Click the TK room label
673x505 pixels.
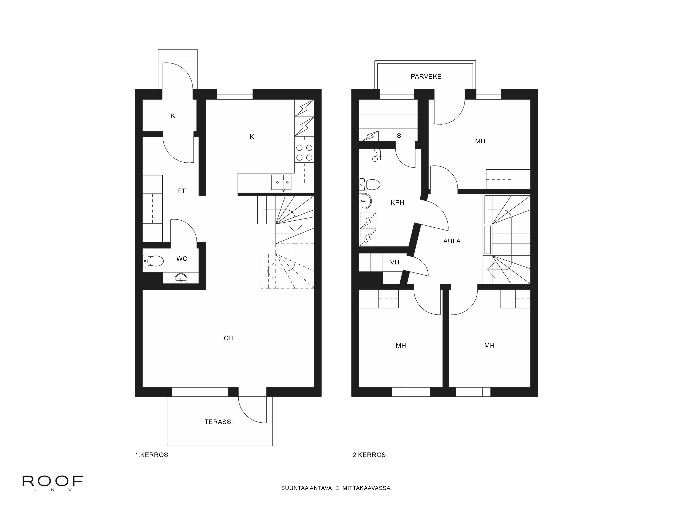pos(171,116)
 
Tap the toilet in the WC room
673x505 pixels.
pos(154,261)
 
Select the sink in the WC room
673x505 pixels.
pos(181,278)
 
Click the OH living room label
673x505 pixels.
pos(228,338)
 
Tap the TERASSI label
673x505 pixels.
pos(218,422)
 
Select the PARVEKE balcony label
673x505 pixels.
pos(426,76)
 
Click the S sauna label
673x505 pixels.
pos(399,136)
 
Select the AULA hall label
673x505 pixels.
pos(452,241)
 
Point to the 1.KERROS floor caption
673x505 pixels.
pos(152,455)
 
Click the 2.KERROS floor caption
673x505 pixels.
pos(369,455)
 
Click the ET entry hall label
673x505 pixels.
pos(181,191)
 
